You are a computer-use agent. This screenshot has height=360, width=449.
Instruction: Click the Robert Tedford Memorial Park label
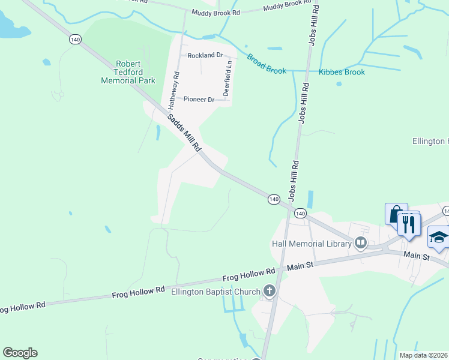pos(128,71)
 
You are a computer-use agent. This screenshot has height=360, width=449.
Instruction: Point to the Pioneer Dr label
pos(199,99)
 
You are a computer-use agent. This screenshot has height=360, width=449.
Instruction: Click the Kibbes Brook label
pos(342,72)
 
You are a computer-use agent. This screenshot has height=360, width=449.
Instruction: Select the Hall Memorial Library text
pos(311,244)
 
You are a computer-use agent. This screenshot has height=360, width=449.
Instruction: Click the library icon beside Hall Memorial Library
pos(361,243)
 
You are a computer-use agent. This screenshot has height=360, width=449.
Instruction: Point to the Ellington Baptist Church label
pos(215,292)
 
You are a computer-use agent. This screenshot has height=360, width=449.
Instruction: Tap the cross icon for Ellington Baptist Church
pos(270,292)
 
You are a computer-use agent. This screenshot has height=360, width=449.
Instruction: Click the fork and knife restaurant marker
pos(409,224)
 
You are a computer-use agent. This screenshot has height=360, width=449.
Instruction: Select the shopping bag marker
pos(396,214)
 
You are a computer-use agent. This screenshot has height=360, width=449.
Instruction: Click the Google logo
pos(20,353)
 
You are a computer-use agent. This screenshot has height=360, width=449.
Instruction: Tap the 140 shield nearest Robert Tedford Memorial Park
pos(75,39)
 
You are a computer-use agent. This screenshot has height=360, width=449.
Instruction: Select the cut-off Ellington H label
pos(430,142)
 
